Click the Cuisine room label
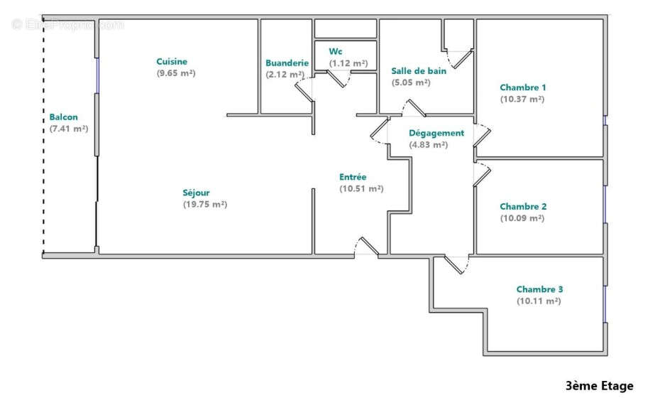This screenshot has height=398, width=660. (172, 62)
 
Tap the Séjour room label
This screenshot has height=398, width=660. (196, 193)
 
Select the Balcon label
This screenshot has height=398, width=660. (64, 117)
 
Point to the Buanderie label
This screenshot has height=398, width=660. (287, 63)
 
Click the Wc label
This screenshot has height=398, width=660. (336, 51)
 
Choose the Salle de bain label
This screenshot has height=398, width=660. (419, 70)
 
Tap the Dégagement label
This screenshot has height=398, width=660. (436, 133)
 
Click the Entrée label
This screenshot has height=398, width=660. (353, 177)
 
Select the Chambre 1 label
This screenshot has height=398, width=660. (522, 87)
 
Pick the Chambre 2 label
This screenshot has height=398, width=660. (523, 207)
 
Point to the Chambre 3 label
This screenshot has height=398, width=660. (539, 289)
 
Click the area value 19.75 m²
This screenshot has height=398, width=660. (204, 205)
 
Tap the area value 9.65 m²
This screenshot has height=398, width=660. (176, 73)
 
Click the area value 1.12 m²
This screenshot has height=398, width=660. (348, 63)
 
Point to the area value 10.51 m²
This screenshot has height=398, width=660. (361, 189)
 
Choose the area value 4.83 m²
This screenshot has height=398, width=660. (428, 145)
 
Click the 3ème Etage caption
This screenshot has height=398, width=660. (599, 386)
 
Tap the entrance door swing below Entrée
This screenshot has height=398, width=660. (367, 247)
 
